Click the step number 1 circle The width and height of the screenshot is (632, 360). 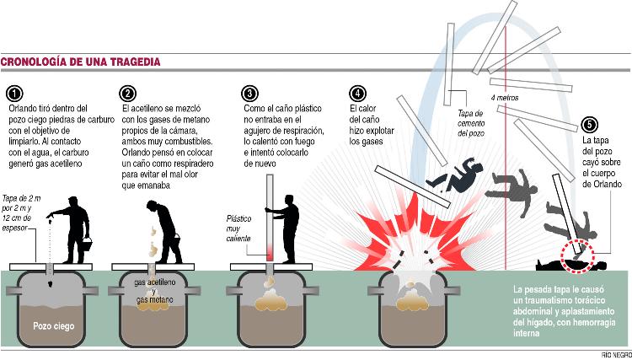pyautogui.click(x=14, y=94)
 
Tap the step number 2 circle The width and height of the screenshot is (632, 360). pyautogui.click(x=127, y=94)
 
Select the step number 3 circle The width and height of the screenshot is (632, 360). pyautogui.click(x=249, y=94)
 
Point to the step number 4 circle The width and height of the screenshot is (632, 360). pyautogui.click(x=357, y=94)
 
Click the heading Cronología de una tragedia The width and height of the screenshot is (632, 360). pyautogui.click(x=81, y=62)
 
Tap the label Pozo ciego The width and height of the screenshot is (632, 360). pyautogui.click(x=54, y=325)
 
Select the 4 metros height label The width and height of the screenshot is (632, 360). pyautogui.click(x=505, y=98)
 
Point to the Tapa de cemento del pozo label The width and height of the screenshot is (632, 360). pyautogui.click(x=471, y=123)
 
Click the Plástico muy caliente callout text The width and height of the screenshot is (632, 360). pyautogui.click(x=238, y=229)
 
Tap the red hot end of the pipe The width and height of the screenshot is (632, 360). pyautogui.click(x=270, y=252)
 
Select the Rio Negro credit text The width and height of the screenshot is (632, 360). pyautogui.click(x=616, y=356)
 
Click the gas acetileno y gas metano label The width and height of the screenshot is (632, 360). pyautogui.click(x=155, y=292)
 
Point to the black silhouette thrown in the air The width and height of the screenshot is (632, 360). pyautogui.click(x=455, y=175)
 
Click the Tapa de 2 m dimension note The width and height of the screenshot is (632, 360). pyautogui.click(x=19, y=212)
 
